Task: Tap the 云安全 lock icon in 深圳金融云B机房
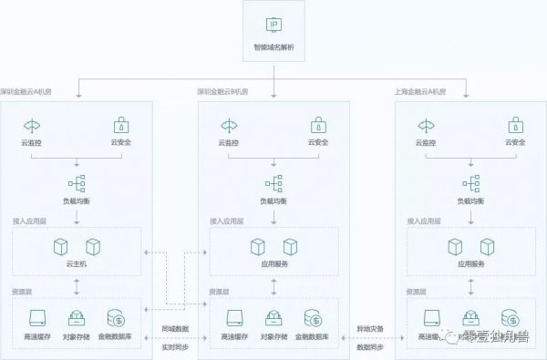coord(319,125)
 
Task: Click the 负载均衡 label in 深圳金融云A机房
coord(77,201)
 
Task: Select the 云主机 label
coord(77,263)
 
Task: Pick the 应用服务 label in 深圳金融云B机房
coord(273,263)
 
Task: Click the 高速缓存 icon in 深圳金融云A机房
coord(36,319)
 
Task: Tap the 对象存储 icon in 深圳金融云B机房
coord(273,319)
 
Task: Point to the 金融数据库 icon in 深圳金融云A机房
coord(117,319)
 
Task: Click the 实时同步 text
coord(175,347)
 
